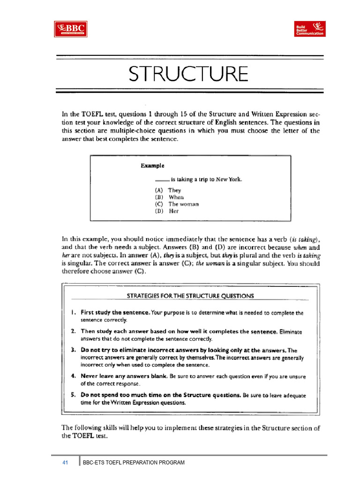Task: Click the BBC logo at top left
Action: pyautogui.click(x=70, y=29)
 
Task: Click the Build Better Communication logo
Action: pyautogui.click(x=309, y=29)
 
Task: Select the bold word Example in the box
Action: pyautogui.click(x=152, y=165)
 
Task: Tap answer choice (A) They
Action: pyautogui.click(x=168, y=190)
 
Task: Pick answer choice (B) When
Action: pyautogui.click(x=169, y=197)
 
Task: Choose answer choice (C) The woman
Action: pyautogui.click(x=177, y=204)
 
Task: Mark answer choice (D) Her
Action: pyautogui.click(x=167, y=211)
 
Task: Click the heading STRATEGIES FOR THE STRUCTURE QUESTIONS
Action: pyautogui.click(x=190, y=296)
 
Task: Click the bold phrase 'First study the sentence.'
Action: pyautogui.click(x=115, y=312)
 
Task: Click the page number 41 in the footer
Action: pyautogui.click(x=65, y=463)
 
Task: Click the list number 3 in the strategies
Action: pyautogui.click(x=74, y=350)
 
